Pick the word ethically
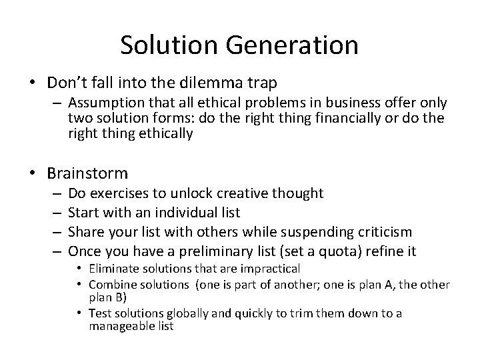(x=163, y=133)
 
